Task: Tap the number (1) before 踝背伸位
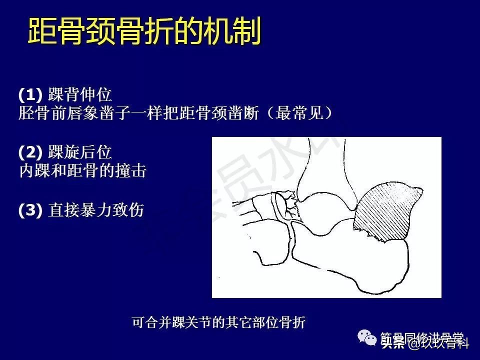pos(31,94)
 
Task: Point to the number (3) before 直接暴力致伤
pos(31,210)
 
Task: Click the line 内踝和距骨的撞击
pos(82,171)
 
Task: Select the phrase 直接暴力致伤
pos(96,210)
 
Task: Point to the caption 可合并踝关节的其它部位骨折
pos(218,322)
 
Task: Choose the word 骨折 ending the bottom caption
pos(294,322)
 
